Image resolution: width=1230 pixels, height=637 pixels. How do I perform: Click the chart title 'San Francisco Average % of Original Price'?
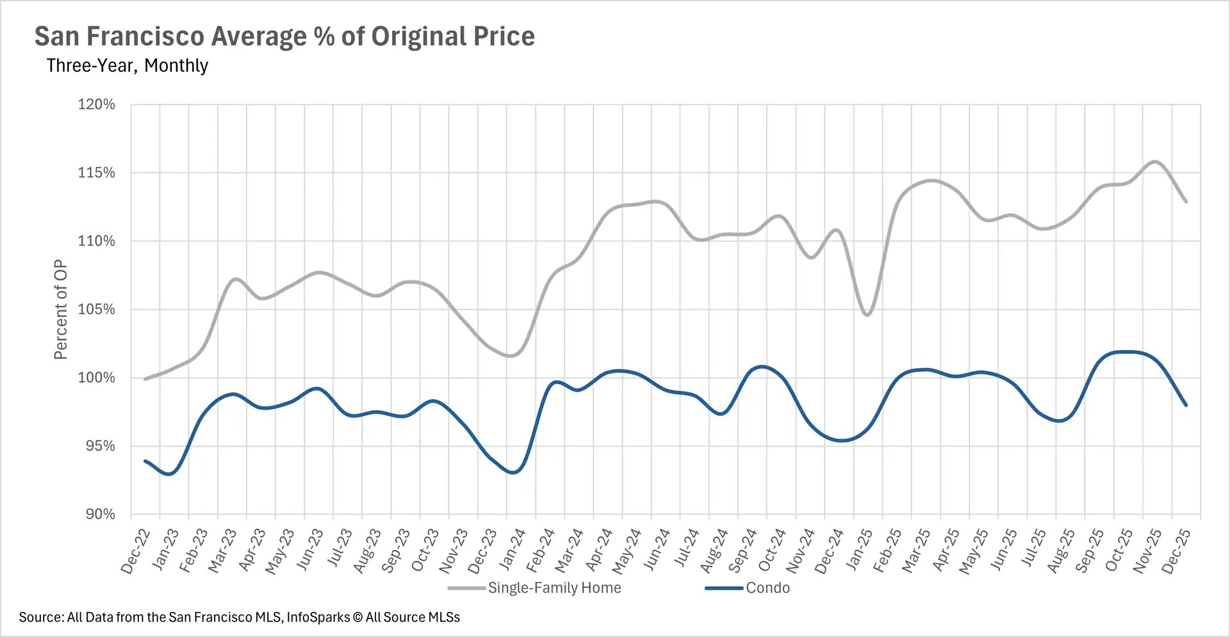(x=284, y=36)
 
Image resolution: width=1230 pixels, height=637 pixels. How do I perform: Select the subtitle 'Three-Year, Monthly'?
(x=127, y=65)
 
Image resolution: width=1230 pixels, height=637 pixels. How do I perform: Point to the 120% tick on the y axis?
(x=97, y=104)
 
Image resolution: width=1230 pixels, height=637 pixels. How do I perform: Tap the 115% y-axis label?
(x=97, y=173)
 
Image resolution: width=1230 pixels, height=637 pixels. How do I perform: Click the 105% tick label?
(x=97, y=309)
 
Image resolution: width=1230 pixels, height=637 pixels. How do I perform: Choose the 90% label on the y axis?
(x=101, y=514)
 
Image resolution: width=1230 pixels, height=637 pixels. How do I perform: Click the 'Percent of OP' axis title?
(x=61, y=309)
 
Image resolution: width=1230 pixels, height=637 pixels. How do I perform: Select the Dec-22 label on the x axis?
(x=136, y=551)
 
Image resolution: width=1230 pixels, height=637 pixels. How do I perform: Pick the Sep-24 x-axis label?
(x=743, y=551)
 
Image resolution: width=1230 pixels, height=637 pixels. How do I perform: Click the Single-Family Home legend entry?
(x=554, y=588)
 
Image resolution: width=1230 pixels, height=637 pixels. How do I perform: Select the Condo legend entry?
(x=767, y=588)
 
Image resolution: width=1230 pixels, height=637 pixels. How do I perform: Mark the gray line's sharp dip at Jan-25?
(x=867, y=315)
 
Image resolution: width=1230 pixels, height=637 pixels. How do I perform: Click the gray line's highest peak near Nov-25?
(x=1154, y=161)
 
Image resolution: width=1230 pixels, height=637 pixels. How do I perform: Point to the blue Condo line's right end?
(x=1186, y=405)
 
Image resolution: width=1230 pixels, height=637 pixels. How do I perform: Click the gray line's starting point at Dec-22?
(x=145, y=379)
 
